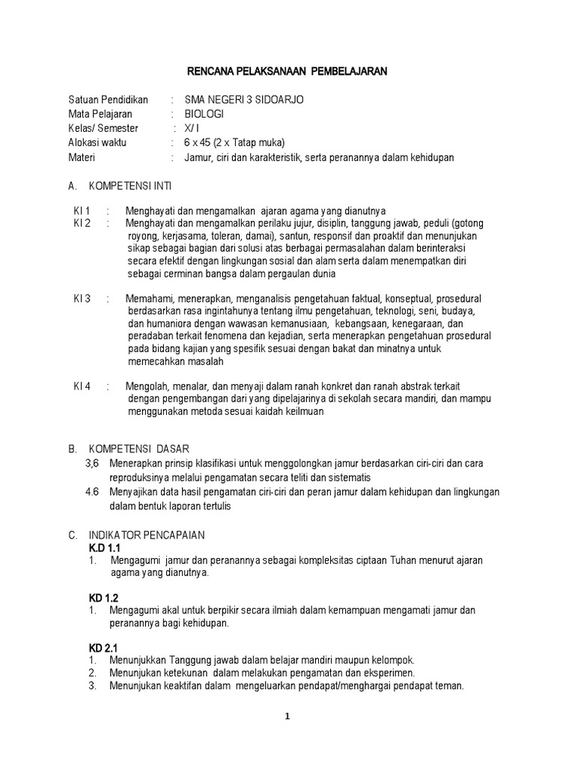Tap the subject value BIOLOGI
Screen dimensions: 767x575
click(x=204, y=114)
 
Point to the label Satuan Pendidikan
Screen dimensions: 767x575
click(x=109, y=100)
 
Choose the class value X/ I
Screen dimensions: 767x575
click(x=194, y=128)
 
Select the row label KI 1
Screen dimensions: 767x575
click(x=82, y=210)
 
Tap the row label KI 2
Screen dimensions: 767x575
click(x=82, y=223)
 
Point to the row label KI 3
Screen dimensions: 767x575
click(x=82, y=298)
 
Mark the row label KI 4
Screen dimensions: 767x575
click(x=82, y=386)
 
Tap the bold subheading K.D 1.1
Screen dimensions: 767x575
click(x=104, y=548)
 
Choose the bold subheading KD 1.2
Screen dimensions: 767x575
click(x=103, y=598)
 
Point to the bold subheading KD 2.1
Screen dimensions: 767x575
click(x=103, y=647)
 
